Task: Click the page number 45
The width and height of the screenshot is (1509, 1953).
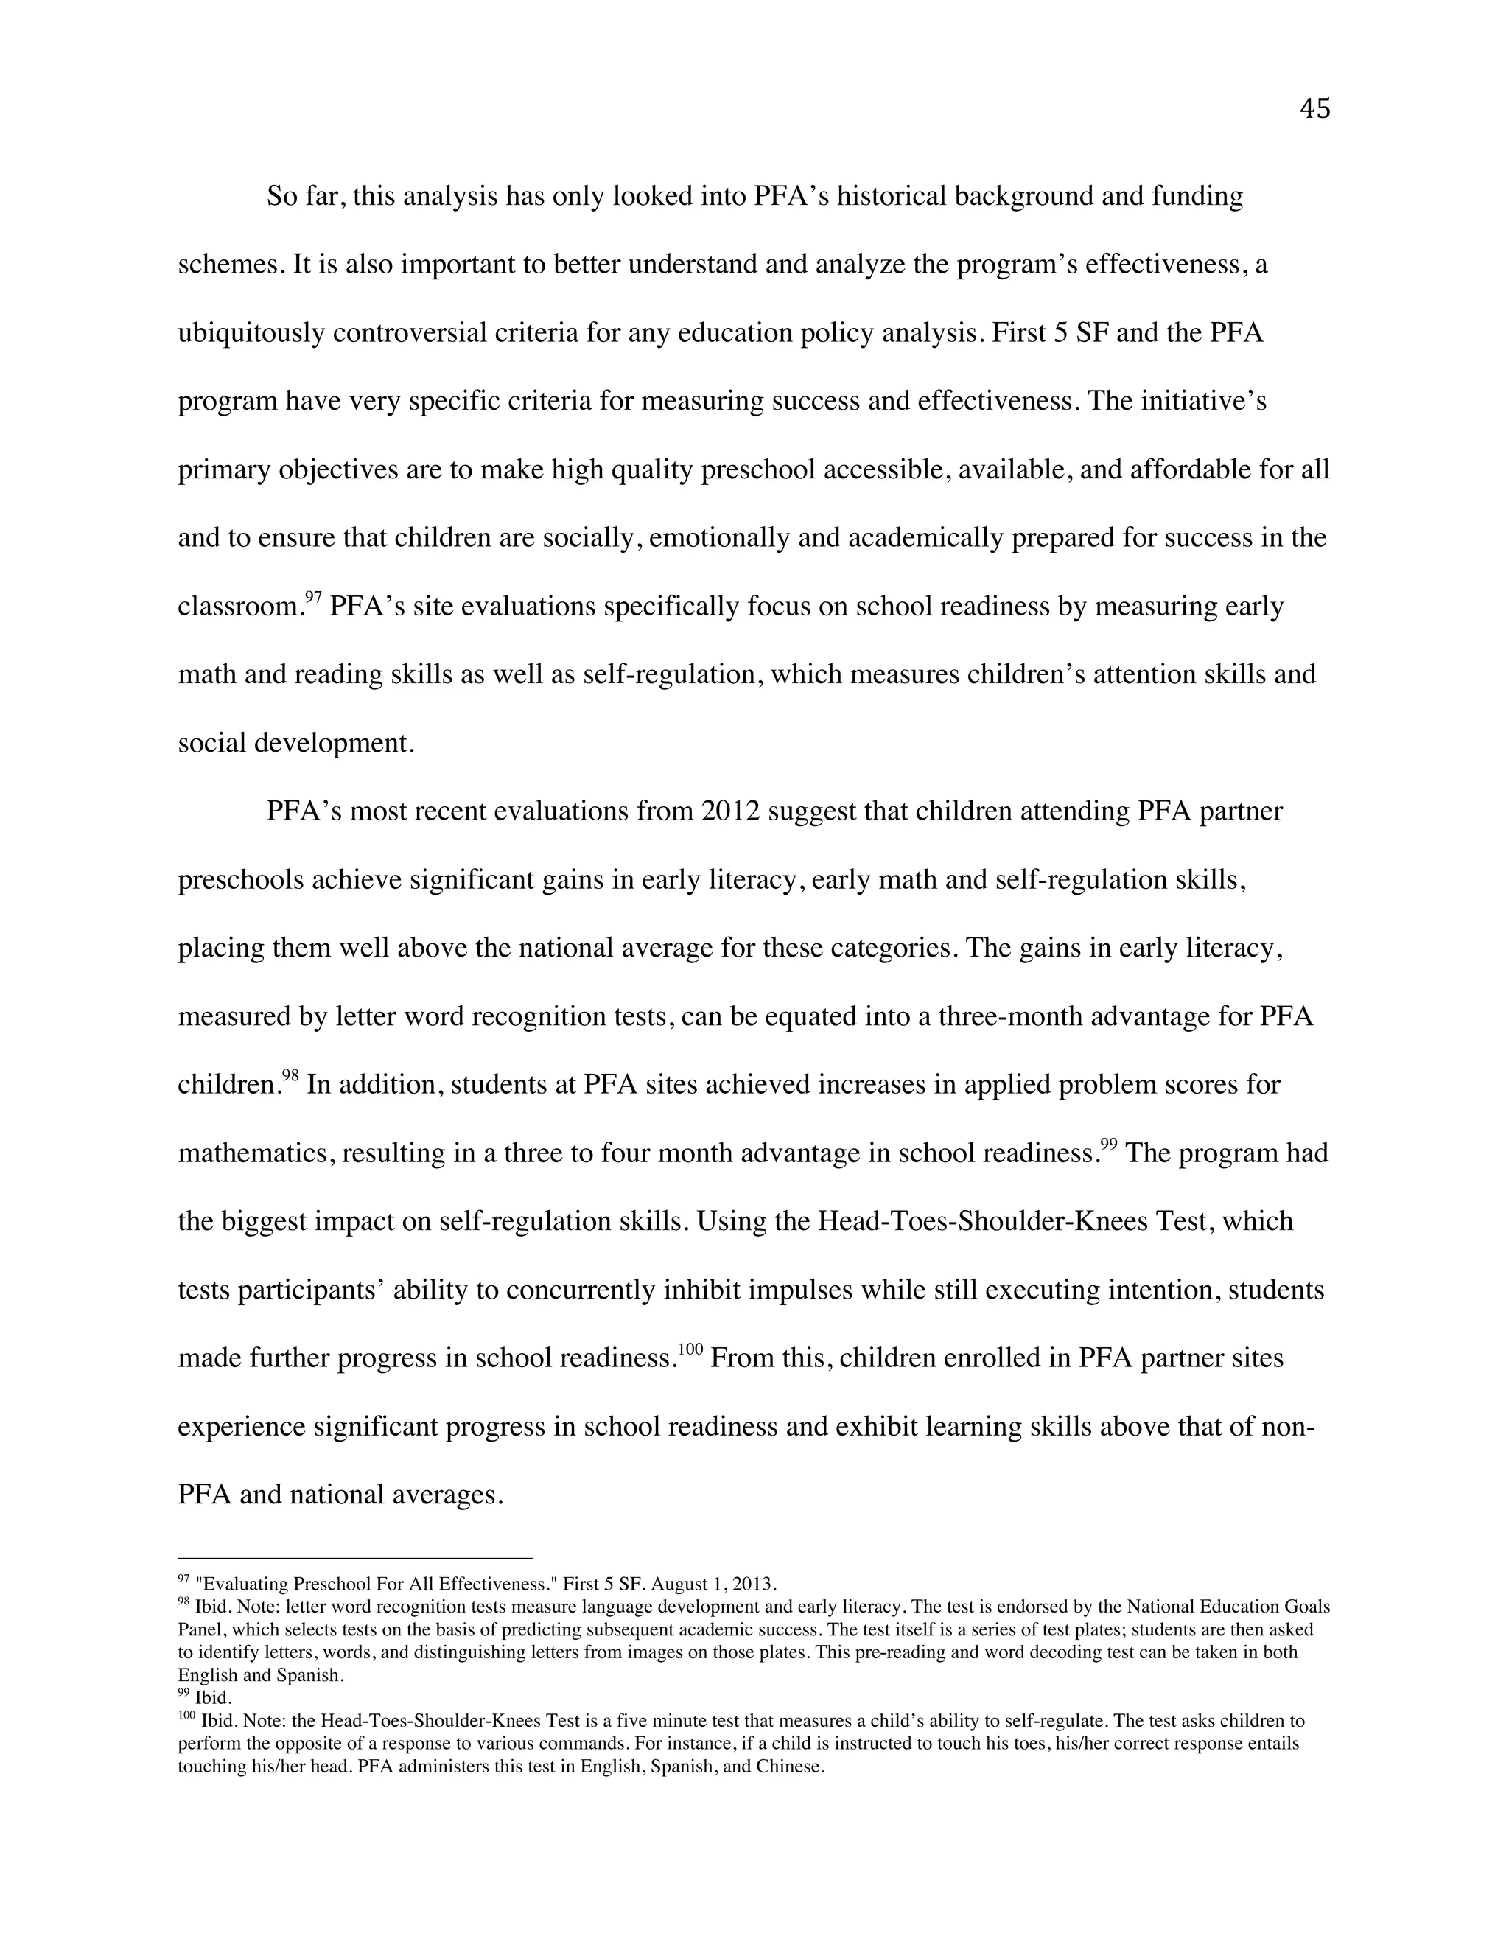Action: pyautogui.click(x=1314, y=109)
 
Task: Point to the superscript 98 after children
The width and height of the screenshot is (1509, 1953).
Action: pyautogui.click(x=290, y=1075)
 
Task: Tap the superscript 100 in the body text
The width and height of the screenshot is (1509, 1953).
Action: pyautogui.click(x=691, y=1349)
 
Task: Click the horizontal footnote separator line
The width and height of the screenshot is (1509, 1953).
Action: pyautogui.click(x=355, y=1558)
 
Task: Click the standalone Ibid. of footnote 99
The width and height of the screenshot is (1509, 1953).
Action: pyautogui.click(x=213, y=1697)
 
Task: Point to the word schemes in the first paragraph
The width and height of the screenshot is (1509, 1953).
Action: pyautogui.click(x=231, y=265)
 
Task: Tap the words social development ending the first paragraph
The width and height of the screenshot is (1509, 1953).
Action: pyautogui.click(x=296, y=743)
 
